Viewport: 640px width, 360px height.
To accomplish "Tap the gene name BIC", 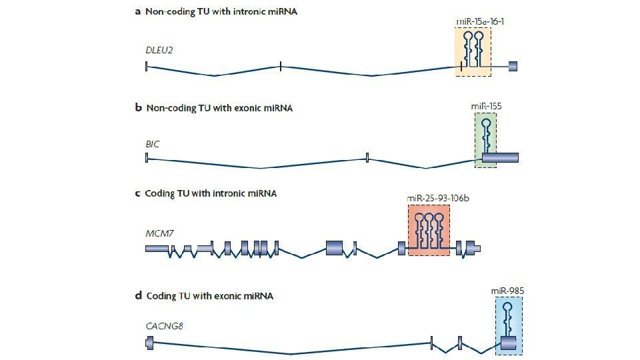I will tap(153, 143).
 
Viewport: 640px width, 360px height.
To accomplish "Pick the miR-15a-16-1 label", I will tap(479, 21).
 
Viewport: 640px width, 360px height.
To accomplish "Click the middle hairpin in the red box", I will tap(429, 230).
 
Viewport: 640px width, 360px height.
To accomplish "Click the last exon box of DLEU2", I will tap(513, 65).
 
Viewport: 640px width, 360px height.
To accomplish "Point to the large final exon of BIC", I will tap(500, 157).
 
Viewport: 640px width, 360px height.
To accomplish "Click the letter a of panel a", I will tap(138, 11).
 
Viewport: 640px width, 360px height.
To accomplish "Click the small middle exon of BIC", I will tap(367, 157).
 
